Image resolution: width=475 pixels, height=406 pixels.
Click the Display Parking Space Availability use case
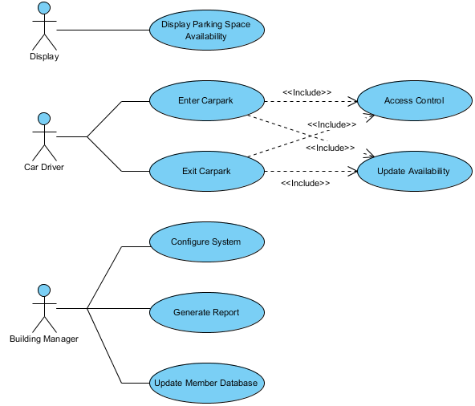[x=205, y=30]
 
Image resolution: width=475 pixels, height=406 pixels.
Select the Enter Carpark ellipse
[x=206, y=101]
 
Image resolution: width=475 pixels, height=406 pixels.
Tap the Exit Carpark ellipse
[x=206, y=171]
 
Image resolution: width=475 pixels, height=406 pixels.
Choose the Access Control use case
[x=414, y=101]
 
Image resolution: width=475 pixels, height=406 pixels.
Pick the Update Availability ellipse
[x=413, y=171]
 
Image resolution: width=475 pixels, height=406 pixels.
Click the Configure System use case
[x=206, y=242]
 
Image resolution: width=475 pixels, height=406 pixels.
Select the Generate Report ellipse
[x=206, y=312]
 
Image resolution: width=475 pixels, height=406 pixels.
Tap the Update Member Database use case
[x=206, y=383]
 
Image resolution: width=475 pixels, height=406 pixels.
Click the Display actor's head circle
[x=44, y=8]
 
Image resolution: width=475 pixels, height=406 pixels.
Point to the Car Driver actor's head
[x=44, y=118]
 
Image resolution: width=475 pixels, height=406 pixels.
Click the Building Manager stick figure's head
[x=44, y=289]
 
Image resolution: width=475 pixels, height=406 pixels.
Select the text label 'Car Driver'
[x=44, y=168]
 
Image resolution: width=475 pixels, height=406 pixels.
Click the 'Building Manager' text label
[x=44, y=339]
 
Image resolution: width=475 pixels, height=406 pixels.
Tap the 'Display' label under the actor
[x=44, y=57]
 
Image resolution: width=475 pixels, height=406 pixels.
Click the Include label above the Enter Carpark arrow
[x=307, y=92]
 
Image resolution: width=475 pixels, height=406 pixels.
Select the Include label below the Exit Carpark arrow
[x=305, y=184]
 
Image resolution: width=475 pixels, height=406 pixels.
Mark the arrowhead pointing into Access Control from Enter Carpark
[x=353, y=101]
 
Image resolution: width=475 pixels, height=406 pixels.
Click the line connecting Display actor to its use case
[x=103, y=30]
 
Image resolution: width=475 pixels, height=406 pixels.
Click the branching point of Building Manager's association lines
[x=87, y=308]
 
